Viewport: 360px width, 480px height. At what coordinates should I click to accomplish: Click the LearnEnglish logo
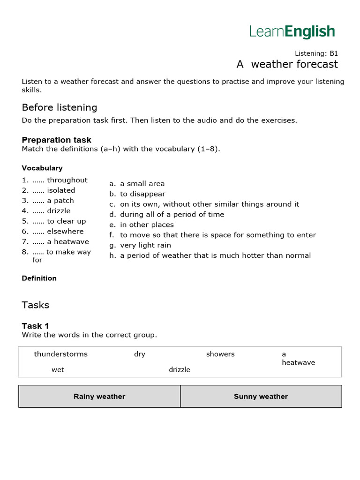coord(292,32)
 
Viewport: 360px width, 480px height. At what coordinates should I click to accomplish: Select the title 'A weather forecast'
coord(287,64)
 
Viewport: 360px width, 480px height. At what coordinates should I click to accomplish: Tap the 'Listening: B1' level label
coord(316,53)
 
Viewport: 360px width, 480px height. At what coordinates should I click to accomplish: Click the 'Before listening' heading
coord(59,107)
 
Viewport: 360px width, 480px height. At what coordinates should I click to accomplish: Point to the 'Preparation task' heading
coord(56,140)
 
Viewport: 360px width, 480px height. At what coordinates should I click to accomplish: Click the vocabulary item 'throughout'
coord(67,180)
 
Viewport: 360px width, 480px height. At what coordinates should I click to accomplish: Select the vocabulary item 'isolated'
coord(61,190)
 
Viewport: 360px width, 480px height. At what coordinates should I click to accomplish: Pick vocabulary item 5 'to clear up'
coord(66,221)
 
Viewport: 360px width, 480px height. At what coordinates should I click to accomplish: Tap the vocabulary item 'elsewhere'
coord(65,232)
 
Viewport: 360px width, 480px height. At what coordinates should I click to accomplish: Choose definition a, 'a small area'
coord(142,184)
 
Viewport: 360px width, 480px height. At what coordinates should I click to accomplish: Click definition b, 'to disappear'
coord(142,194)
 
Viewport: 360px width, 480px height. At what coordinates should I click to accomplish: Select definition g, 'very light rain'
coord(145,245)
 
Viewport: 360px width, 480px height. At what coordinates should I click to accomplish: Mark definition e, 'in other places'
coord(147,225)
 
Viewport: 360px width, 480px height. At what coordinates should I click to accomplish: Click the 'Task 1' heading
coord(35,326)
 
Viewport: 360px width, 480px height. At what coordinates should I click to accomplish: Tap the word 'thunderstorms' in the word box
coord(60,354)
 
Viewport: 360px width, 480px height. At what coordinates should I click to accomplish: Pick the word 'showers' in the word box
coord(220,354)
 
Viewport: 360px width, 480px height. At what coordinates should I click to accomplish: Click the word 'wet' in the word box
coord(58,369)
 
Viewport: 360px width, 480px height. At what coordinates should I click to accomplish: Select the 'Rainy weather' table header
coord(99,397)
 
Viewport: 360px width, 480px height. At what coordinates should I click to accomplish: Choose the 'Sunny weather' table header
coord(261,397)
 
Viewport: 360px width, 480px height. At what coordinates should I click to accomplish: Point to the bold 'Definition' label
coord(39,278)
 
